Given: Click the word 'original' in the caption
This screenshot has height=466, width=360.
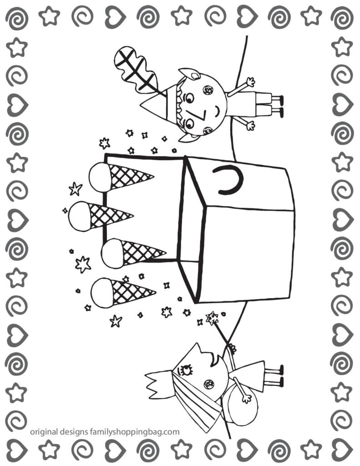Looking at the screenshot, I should pos(46,432).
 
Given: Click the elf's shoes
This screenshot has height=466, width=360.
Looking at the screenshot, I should pos(278,105).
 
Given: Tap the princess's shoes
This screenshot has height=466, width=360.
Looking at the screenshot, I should pos(278,376).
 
